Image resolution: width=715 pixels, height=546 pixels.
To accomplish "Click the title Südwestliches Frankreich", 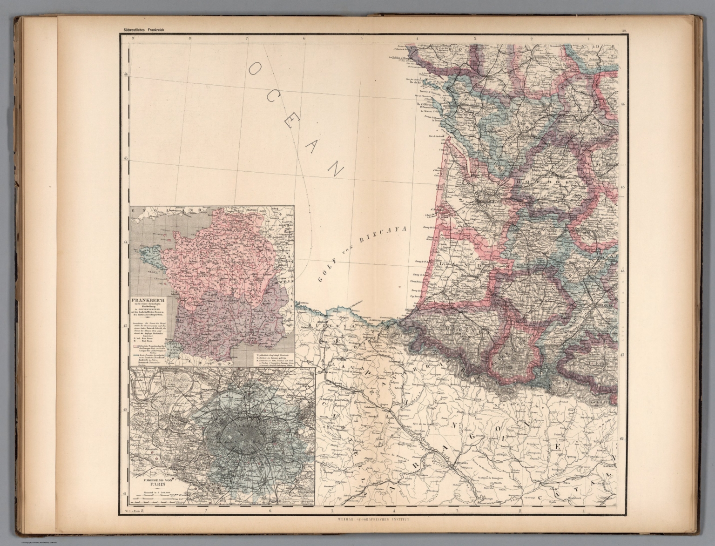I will [x=144, y=30].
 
